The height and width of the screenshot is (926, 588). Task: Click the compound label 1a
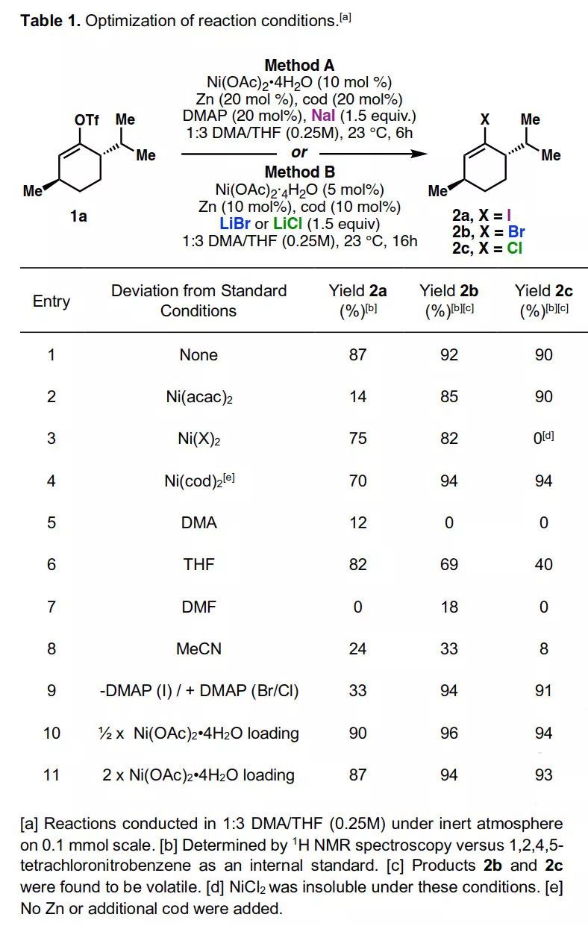[78, 216]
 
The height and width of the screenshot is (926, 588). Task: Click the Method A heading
[299, 65]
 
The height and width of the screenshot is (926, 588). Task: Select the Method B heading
[299, 172]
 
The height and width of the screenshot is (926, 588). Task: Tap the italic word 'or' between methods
[299, 153]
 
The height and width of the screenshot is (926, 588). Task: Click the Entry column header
[51, 301]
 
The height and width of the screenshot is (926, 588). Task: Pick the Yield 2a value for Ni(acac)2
[358, 396]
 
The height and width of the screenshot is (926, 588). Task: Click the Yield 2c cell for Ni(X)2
[543, 438]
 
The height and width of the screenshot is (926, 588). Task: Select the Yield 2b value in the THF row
[449, 565]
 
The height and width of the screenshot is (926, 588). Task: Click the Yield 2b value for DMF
[449, 607]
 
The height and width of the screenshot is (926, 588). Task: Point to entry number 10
[51, 733]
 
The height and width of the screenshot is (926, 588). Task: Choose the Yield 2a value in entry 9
[358, 691]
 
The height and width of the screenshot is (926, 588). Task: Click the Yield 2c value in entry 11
[543, 775]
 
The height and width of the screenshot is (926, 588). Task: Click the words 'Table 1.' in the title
[50, 21]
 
